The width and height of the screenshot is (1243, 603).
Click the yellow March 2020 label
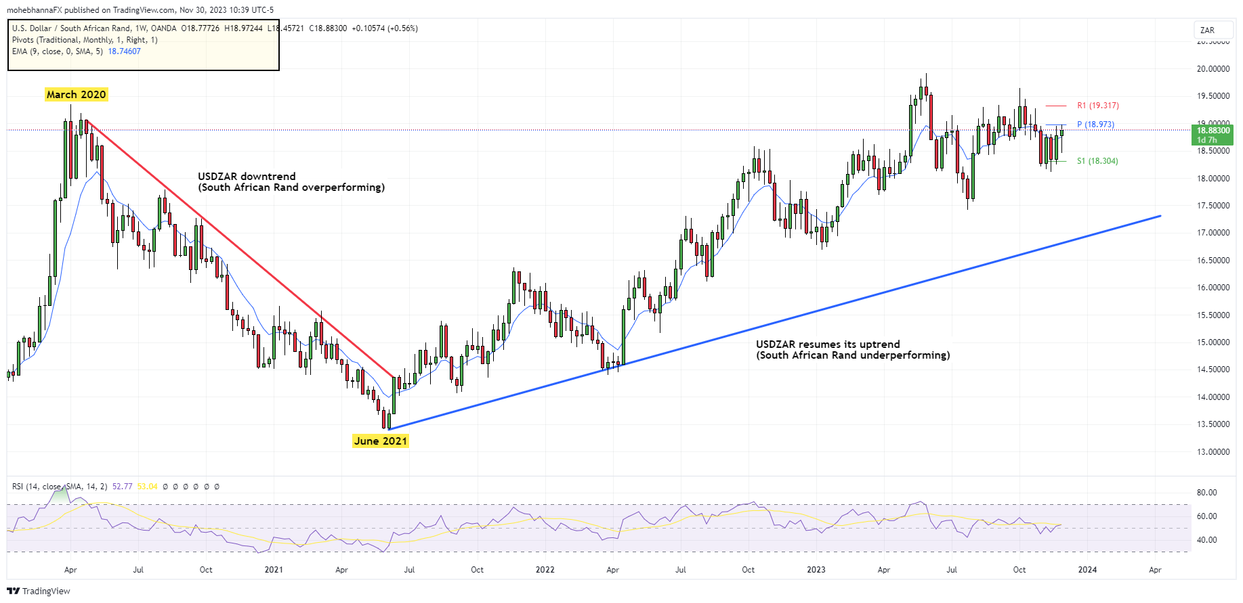(x=76, y=95)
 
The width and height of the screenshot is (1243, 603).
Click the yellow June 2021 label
(x=381, y=441)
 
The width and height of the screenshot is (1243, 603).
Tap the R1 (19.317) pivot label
(x=1097, y=106)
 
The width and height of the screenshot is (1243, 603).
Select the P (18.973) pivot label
(x=1095, y=125)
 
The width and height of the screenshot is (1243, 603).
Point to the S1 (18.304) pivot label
(x=1097, y=161)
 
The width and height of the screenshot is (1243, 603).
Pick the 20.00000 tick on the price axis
(x=1213, y=69)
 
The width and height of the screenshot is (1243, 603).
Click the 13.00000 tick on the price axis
(x=1213, y=452)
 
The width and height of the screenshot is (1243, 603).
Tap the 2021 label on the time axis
(x=274, y=570)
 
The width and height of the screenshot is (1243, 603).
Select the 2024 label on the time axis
(x=1087, y=570)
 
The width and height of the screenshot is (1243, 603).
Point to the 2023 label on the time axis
(x=816, y=570)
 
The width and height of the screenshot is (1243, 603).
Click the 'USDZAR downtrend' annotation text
(x=247, y=177)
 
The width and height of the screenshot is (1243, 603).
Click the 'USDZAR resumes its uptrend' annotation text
(x=828, y=344)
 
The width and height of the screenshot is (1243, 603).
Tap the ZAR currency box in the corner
(x=1208, y=30)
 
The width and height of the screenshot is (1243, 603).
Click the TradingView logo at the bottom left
(x=39, y=591)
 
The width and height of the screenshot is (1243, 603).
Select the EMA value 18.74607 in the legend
(x=124, y=51)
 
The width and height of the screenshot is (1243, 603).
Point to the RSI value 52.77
(x=122, y=487)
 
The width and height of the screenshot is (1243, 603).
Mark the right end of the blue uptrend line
(x=1160, y=216)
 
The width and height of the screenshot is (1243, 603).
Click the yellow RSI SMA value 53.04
(x=147, y=487)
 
